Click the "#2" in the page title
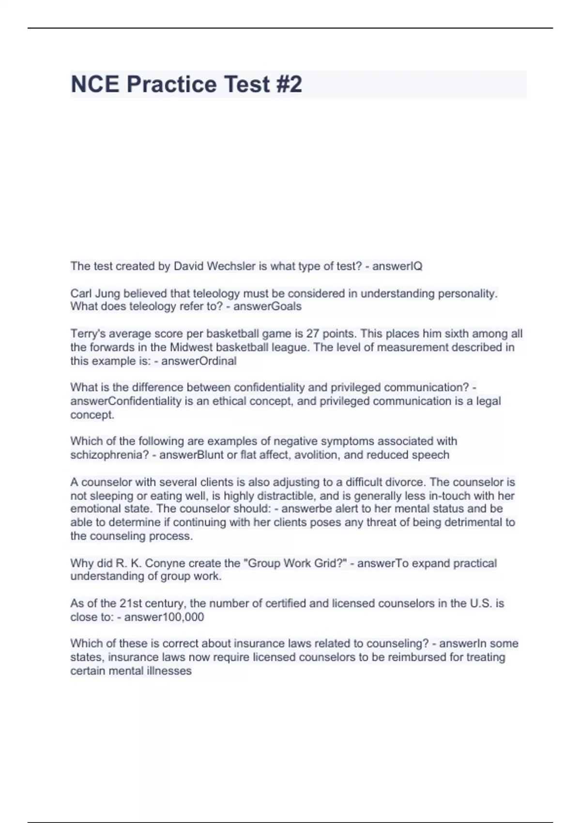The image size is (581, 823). point(289,84)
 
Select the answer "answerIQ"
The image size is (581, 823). point(397,266)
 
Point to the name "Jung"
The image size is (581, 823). point(107,293)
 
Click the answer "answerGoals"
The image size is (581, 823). point(267,306)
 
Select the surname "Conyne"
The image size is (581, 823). point(165,563)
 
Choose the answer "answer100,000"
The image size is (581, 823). point(164,617)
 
